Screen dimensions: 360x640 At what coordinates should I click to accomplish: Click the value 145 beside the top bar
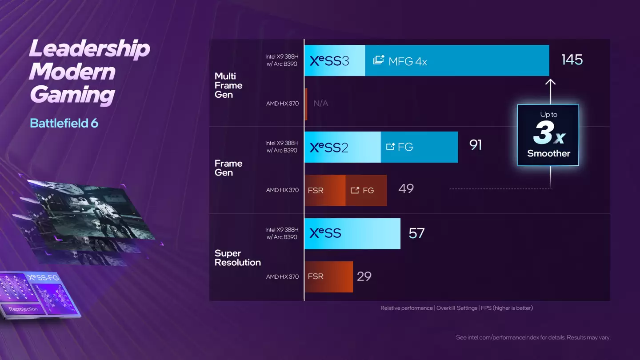click(572, 60)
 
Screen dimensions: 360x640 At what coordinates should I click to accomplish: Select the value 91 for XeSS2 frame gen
click(476, 145)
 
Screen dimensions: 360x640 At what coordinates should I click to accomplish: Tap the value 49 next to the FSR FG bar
click(406, 189)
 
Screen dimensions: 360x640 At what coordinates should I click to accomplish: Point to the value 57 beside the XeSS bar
click(416, 233)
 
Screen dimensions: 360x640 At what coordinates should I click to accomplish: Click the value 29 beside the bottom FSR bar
click(364, 276)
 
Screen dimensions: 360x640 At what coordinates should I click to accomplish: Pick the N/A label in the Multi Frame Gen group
click(320, 104)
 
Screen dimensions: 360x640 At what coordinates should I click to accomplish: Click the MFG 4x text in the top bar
click(407, 61)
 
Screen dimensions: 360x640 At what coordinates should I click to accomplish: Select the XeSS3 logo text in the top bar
click(329, 61)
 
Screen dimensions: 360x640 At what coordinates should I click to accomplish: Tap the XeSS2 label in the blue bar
click(329, 147)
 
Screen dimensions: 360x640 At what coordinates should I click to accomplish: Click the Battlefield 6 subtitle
click(64, 123)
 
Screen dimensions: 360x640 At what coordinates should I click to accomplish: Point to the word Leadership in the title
click(89, 48)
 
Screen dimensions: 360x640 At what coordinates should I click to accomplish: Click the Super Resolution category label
click(237, 258)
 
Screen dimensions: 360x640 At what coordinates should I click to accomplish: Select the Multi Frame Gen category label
click(228, 85)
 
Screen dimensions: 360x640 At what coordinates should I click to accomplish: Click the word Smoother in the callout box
click(548, 153)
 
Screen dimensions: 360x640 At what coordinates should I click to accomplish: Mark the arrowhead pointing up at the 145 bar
click(550, 82)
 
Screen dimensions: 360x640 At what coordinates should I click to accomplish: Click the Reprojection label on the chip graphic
click(23, 309)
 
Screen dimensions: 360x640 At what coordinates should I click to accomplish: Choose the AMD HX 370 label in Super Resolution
click(282, 276)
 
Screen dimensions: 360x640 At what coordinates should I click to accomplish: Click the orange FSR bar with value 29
click(329, 276)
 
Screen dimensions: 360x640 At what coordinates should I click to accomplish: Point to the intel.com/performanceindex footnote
click(533, 337)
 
